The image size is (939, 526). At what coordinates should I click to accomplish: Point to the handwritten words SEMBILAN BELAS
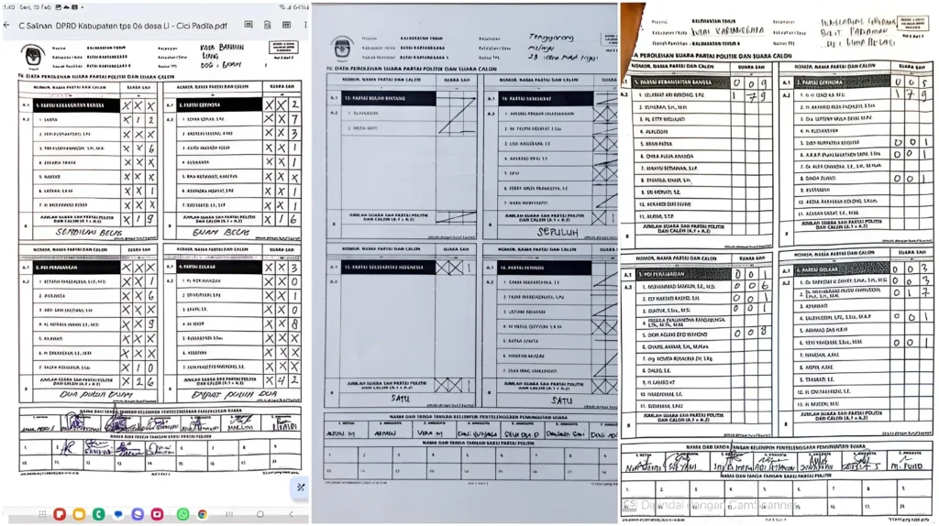pos(90,233)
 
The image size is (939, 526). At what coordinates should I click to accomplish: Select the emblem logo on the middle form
pos(343,47)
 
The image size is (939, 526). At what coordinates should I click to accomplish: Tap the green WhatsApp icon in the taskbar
pos(182,514)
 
